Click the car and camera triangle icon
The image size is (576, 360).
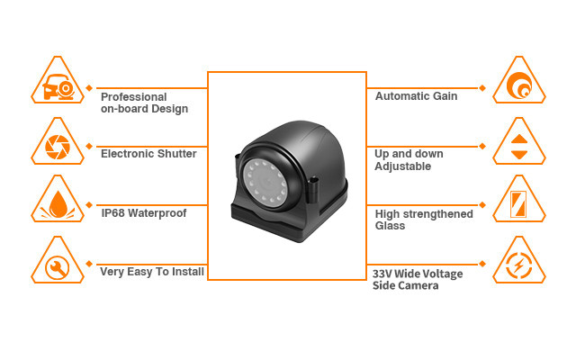pos(58,81)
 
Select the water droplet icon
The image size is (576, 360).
pos(58,200)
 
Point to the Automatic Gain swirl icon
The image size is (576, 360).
pos(519,81)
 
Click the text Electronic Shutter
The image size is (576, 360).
pos(148,154)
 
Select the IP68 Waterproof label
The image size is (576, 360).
pos(144,213)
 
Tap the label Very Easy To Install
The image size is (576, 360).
pos(152,272)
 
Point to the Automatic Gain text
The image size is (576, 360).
pos(416,96)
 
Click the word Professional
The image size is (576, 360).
pos(134,97)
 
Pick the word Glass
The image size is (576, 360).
pos(390,226)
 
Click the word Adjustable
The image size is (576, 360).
pos(402,166)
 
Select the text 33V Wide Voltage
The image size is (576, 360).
pos(418,274)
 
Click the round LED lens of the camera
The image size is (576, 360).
pos(265,181)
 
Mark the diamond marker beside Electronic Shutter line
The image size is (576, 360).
pos(89,146)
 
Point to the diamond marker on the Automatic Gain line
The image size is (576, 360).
pos(482,88)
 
